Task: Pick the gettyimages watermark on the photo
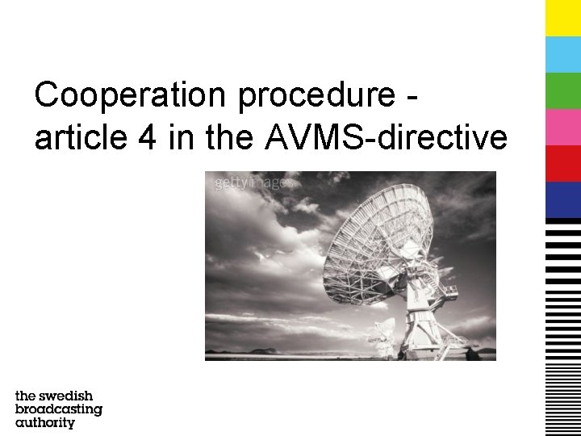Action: [x=253, y=183]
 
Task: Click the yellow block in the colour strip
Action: [x=562, y=18]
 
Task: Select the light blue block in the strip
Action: [x=562, y=54]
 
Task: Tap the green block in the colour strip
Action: [x=562, y=90]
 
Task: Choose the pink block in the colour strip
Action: [x=562, y=127]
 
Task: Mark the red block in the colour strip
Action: [x=562, y=163]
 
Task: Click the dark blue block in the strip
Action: [x=562, y=199]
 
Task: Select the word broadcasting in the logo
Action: [x=59, y=409]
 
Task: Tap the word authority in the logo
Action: [x=45, y=422]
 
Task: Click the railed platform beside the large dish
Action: [x=447, y=289]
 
